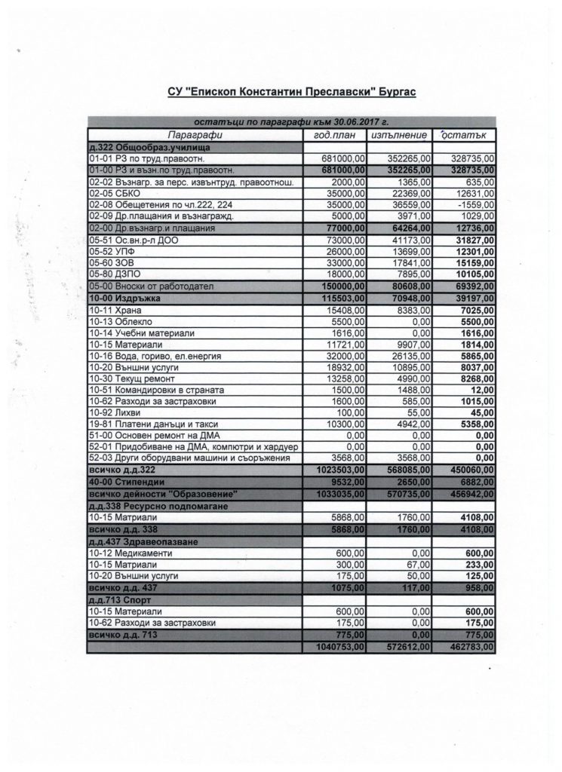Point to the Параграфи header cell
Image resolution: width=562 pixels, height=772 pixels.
click(x=195, y=135)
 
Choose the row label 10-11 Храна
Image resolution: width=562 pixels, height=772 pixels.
click(x=121, y=310)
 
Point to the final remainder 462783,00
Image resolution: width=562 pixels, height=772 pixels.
click(x=469, y=647)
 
